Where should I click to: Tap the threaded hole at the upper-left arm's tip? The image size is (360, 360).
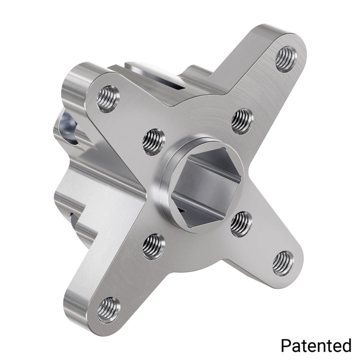tap(108, 99)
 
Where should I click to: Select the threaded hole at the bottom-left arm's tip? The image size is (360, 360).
tap(108, 310)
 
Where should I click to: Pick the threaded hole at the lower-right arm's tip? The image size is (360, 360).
tap(283, 263)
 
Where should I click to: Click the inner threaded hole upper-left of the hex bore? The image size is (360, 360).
tap(154, 141)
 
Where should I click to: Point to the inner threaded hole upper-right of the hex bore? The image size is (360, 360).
tap(242, 121)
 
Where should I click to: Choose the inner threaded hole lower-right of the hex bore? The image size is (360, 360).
tap(241, 224)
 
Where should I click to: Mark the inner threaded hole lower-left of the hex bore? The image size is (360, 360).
tap(154, 246)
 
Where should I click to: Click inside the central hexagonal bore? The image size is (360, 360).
tap(205, 187)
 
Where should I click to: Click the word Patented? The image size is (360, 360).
tap(316, 346)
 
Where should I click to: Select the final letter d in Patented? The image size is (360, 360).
tap(346, 346)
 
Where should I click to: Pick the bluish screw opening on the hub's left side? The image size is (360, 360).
tap(68, 128)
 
